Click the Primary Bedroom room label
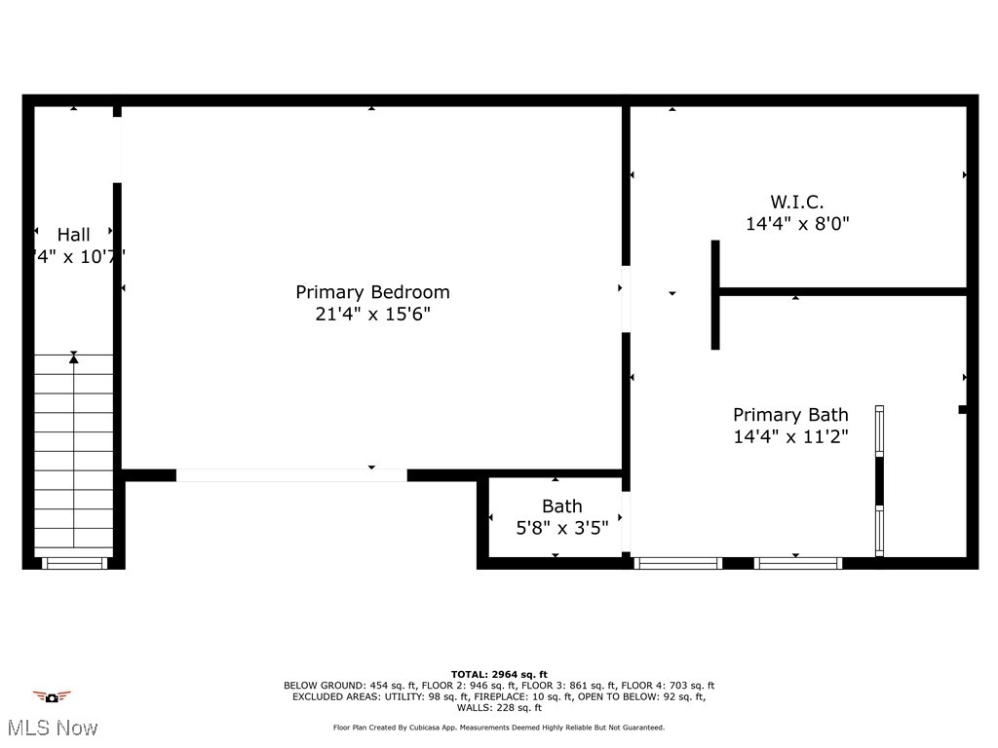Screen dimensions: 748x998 pos(372,292)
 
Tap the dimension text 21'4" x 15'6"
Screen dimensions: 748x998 pos(372,315)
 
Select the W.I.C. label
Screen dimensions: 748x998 pos(797,203)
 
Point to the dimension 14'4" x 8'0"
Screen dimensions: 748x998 pos(797,224)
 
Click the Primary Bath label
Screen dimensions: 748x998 pos(790,415)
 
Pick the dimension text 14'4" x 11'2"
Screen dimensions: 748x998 pos(790,437)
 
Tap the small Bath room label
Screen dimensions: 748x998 pos(562,506)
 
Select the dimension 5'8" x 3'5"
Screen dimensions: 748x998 pos(562,528)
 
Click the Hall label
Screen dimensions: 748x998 pos(73,235)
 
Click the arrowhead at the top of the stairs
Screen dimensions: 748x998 pos(74,358)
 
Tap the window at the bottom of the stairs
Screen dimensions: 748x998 pos(74,563)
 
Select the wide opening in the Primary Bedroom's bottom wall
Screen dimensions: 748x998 pos(291,475)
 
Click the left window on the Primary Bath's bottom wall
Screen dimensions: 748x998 pos(678,563)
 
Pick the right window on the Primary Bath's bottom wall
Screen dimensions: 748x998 pos(798,563)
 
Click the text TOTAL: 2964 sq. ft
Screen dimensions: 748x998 pos(499,674)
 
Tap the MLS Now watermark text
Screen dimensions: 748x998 pos(51,728)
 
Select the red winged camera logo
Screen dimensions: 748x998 pos(52,696)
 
